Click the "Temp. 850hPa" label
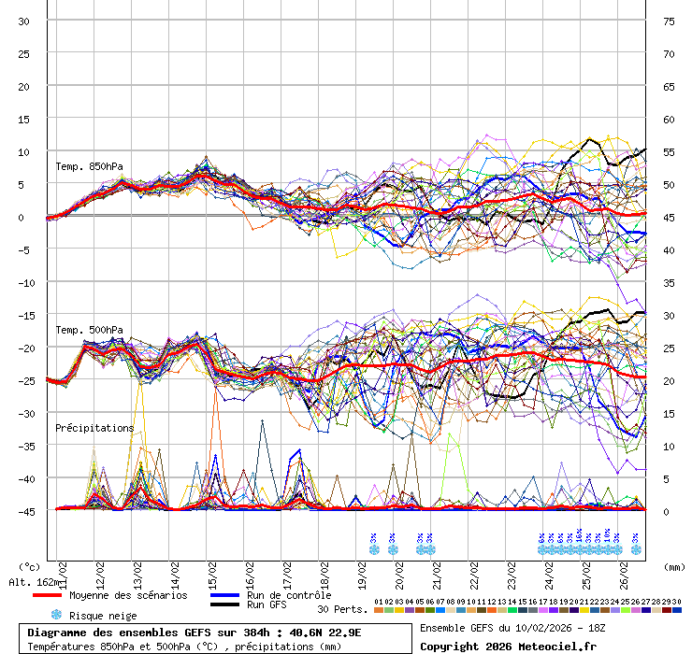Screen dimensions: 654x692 [89, 167]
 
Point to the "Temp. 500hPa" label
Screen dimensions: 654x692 [89, 330]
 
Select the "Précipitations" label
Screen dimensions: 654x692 [94, 428]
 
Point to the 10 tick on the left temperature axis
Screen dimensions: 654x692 [24, 151]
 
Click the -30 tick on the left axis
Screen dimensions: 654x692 [24, 413]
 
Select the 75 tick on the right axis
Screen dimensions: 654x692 [669, 21]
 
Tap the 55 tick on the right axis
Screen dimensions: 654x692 [669, 152]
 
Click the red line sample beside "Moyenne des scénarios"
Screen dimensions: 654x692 [48, 595]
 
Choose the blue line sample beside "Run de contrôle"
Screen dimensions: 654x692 [224, 595]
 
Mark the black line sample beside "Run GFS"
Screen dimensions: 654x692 [224, 605]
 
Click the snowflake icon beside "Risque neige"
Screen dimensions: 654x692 [56, 615]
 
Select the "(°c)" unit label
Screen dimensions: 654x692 [30, 566]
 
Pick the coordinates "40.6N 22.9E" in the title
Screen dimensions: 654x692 [322, 633]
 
